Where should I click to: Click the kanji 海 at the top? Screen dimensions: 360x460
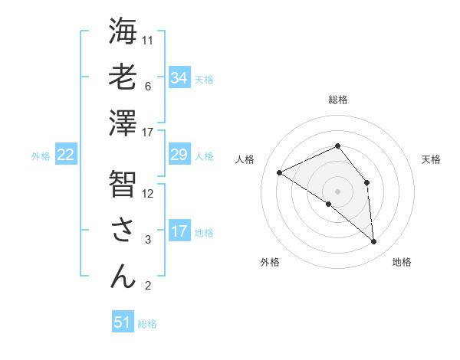[123, 33]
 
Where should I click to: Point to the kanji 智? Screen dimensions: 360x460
[123, 184]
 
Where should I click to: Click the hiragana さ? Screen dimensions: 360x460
[123, 230]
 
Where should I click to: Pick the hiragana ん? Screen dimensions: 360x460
[123, 277]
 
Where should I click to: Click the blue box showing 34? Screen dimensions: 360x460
[179, 78]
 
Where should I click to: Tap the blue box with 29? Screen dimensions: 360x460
[179, 155]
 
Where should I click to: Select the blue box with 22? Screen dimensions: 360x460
[66, 155]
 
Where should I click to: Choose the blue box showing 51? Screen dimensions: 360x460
[123, 322]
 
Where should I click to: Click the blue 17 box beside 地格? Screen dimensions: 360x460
[179, 231]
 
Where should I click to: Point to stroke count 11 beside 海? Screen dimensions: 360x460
[149, 39]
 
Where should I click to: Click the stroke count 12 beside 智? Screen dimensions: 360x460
[149, 193]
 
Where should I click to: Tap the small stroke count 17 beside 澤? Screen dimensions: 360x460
[149, 132]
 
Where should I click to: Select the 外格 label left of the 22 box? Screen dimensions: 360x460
[41, 156]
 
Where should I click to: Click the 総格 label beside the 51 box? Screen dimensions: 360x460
[147, 324]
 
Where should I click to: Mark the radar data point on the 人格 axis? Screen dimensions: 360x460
[280, 172]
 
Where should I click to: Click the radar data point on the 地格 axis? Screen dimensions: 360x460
[374, 242]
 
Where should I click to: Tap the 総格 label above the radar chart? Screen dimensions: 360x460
[338, 100]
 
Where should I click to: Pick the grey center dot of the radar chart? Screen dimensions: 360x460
[337, 190]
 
